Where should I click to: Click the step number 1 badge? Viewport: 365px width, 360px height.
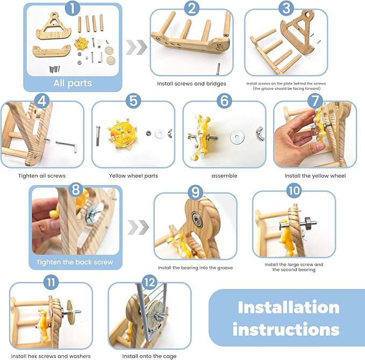click(72, 9)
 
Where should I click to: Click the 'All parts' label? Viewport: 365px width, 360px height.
click(72, 83)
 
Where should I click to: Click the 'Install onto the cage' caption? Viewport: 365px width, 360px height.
click(149, 356)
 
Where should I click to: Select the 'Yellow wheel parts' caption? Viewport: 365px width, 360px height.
click(133, 175)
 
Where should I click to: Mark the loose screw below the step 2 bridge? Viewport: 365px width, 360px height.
click(218, 68)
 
